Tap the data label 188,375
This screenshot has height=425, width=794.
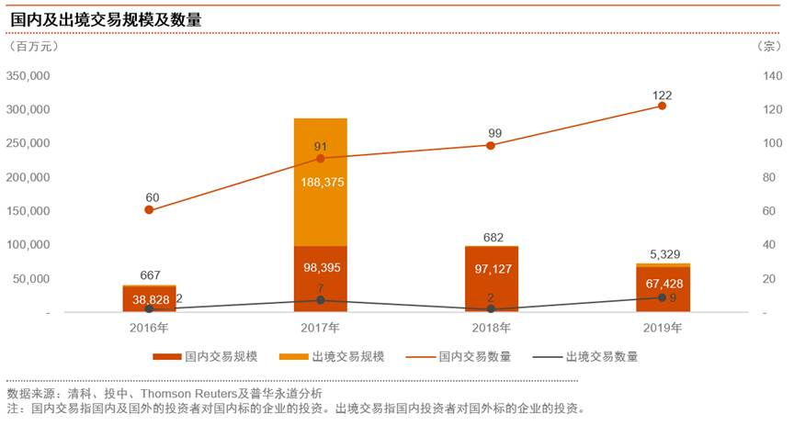point(320,183)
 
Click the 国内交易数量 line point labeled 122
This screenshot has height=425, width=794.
point(662,106)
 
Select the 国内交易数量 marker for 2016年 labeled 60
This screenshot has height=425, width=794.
point(149,210)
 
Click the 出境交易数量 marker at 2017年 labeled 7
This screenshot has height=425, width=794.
point(320,300)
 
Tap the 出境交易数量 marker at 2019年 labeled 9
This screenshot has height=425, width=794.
point(662,297)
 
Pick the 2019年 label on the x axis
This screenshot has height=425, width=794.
point(662,328)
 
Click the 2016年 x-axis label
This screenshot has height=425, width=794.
point(149,328)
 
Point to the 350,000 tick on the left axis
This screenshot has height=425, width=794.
point(29,75)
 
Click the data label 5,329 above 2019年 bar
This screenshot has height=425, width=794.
point(662,254)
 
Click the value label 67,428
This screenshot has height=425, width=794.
point(662,284)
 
